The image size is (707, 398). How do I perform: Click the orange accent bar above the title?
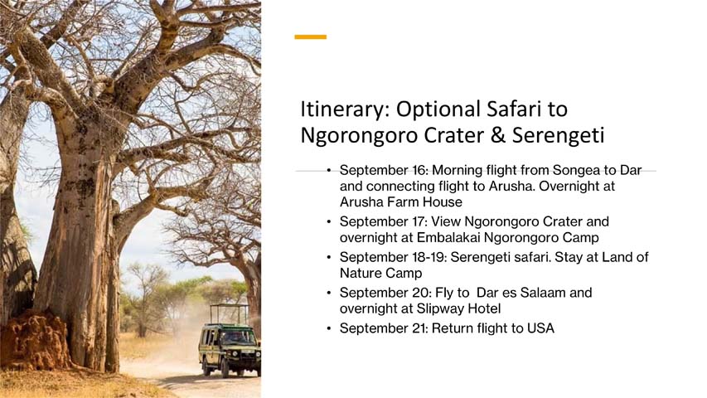(310, 37)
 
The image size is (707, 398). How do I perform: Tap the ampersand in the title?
(496, 135)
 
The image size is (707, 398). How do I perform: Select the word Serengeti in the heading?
(558, 136)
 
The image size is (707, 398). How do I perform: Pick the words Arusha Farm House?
(401, 201)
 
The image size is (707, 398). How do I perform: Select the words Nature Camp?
(381, 273)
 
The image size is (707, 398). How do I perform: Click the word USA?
(540, 328)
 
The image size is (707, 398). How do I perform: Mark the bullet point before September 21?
(329, 328)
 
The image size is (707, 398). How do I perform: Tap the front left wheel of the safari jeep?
(225, 369)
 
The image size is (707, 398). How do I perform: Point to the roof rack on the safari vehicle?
(230, 314)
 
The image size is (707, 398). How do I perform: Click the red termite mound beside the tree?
(34, 340)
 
